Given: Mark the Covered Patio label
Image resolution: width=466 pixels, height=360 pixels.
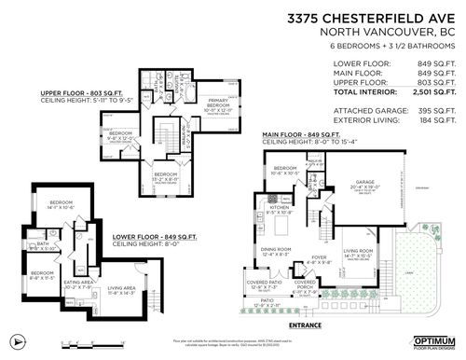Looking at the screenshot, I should tap(266, 284).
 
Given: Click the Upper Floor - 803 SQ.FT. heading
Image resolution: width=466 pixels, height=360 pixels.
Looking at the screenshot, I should tap(79, 93).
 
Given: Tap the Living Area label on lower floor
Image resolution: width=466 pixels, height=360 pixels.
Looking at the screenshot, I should tap(122, 291).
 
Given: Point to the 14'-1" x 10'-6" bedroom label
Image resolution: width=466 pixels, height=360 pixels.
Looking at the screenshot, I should tap(61, 206).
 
